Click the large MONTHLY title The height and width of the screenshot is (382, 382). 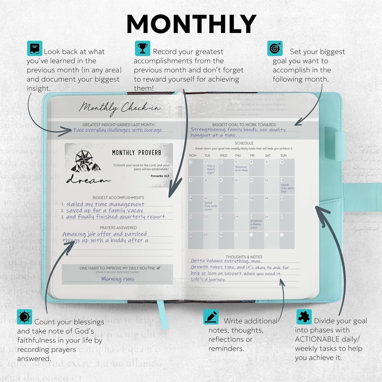[191, 24]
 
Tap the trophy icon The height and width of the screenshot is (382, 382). [142, 49]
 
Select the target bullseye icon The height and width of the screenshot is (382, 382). [275, 49]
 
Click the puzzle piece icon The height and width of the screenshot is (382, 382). [304, 317]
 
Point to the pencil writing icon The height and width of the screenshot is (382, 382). [211, 317]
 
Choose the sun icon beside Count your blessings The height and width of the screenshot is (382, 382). [24, 317]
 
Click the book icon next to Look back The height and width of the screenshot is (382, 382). [34, 49]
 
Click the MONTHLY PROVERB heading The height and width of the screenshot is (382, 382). [137, 153]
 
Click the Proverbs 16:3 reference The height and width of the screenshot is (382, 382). [160, 176]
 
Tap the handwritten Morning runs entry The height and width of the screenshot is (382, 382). [118, 279]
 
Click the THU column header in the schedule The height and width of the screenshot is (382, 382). [238, 155]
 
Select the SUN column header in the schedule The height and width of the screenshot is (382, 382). [283, 155]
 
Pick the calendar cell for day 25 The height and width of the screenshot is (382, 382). [256, 222]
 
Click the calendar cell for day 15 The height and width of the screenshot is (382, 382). [210, 204]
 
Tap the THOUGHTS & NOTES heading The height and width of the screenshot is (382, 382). [244, 257]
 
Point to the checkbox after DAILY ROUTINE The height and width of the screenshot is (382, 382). [159, 268]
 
